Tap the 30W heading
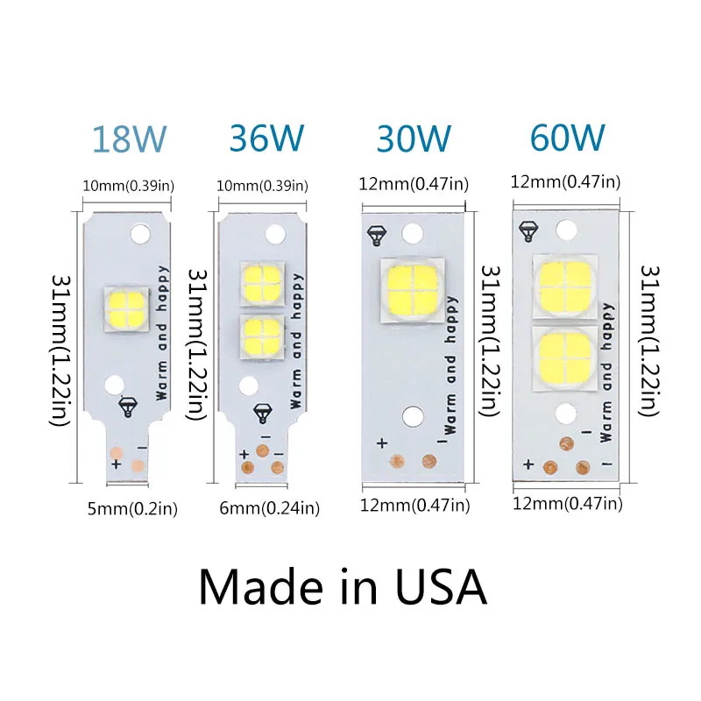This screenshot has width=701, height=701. (414, 138)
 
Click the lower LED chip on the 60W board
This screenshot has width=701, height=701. (564, 357)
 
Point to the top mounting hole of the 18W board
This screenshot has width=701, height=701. (139, 233)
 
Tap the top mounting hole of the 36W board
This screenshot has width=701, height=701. (274, 234)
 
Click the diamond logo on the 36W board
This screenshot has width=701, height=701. (262, 411)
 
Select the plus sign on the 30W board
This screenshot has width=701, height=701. (381, 443)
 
